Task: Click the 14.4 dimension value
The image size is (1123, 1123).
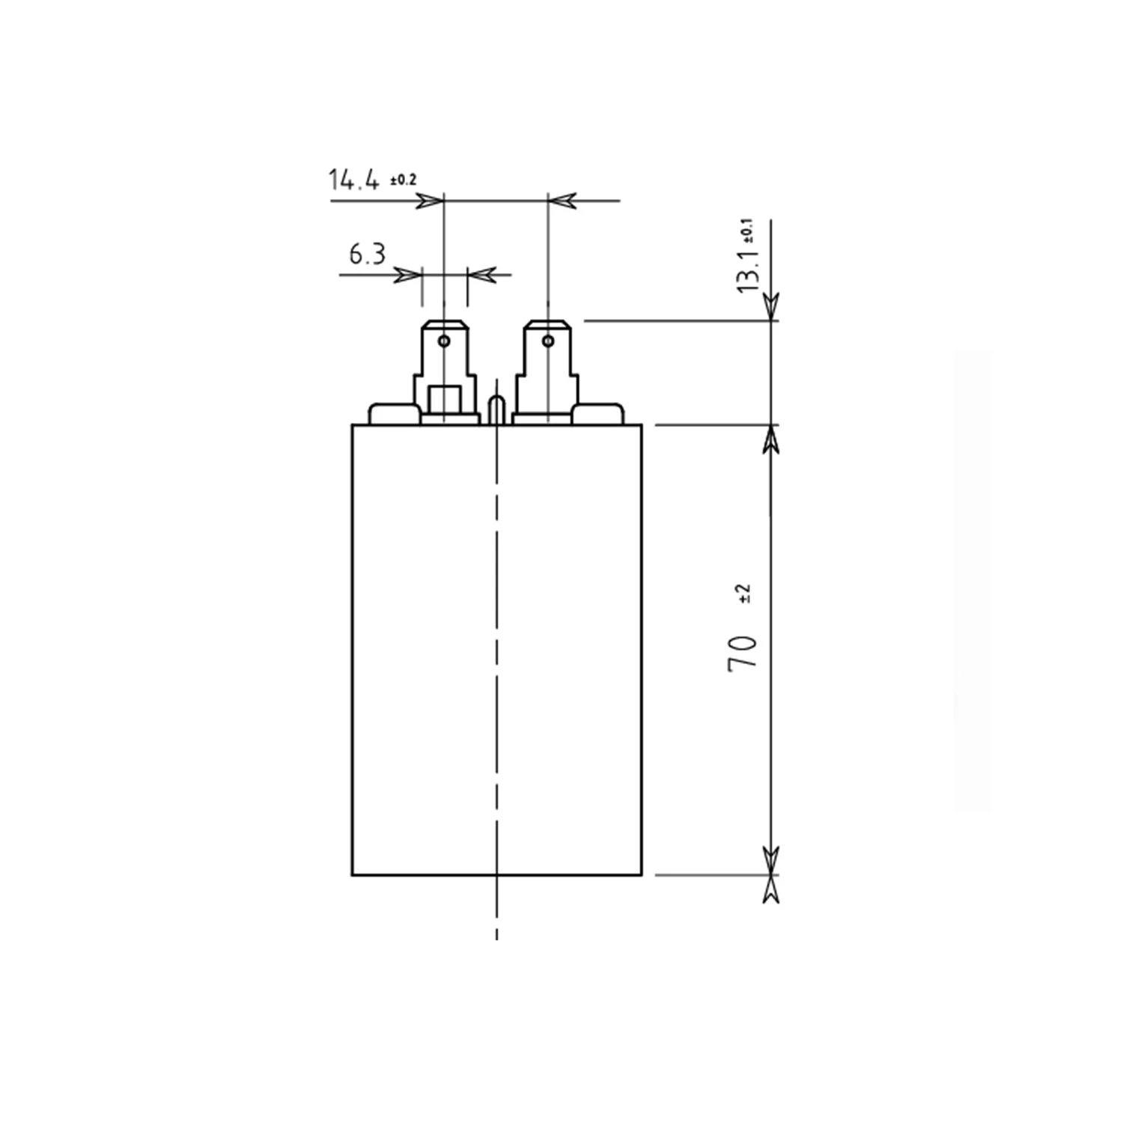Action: pos(353,180)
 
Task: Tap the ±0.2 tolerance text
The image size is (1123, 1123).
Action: pos(403,180)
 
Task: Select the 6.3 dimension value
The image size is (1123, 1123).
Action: pos(368,255)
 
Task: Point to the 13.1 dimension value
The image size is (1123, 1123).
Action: pos(749,271)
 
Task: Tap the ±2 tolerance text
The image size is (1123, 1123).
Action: pos(744,594)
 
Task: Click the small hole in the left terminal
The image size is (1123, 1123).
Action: pos(444,341)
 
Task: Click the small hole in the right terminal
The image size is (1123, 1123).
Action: pos(548,341)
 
